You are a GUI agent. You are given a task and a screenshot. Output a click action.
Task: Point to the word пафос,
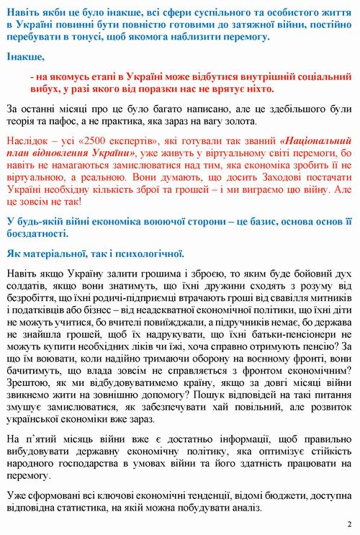(x=73, y=123)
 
